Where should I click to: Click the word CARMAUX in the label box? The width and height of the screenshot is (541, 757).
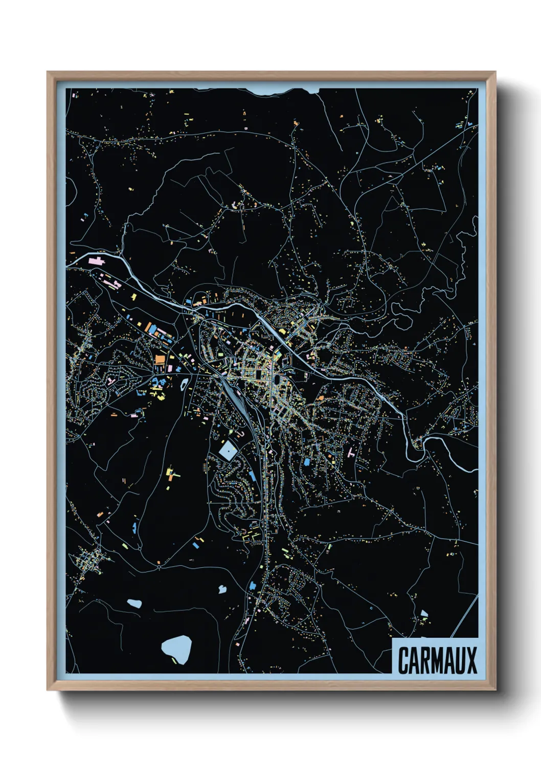point(437,660)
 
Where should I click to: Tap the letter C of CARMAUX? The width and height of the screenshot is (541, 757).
point(402,660)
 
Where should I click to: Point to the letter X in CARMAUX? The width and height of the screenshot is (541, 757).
point(471,660)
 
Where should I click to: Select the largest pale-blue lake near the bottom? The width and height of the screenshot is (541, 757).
point(177,648)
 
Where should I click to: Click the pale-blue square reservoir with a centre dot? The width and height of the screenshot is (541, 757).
point(227,451)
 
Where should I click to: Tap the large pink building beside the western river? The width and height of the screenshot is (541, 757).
point(96,261)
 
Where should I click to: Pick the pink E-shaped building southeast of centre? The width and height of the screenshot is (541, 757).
point(351,453)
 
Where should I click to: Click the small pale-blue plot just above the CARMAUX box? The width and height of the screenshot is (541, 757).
point(423,613)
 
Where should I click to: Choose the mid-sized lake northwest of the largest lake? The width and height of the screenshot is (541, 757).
point(135,603)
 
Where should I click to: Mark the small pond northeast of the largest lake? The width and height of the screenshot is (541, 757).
point(222,589)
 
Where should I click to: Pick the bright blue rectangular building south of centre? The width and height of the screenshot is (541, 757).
point(307,462)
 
